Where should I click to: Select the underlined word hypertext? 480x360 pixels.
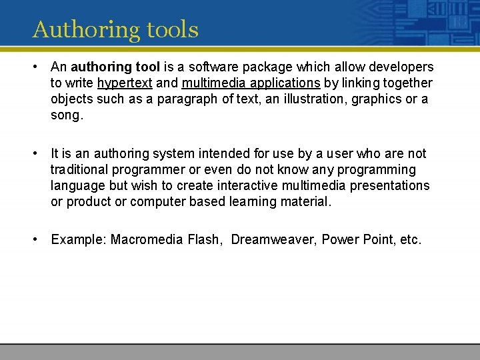click(x=125, y=83)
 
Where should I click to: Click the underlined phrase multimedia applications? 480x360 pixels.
click(x=251, y=83)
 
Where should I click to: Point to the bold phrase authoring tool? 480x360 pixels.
click(x=115, y=67)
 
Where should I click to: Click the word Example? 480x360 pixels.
click(x=78, y=239)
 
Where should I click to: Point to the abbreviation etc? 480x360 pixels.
click(x=409, y=239)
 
